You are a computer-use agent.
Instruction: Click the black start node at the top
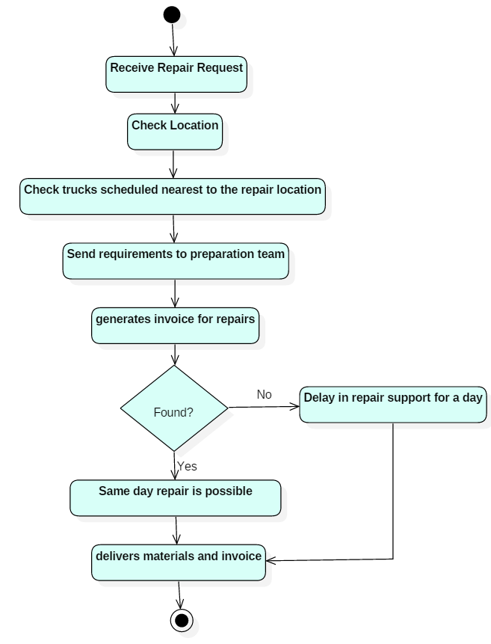pyautogui.click(x=172, y=15)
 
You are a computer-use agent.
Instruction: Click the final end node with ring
pyautogui.click(x=182, y=620)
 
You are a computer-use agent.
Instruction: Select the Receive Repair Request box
pyautogui.click(x=176, y=74)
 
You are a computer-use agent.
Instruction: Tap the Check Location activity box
pyautogui.click(x=175, y=132)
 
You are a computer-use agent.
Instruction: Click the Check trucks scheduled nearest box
pyautogui.click(x=173, y=196)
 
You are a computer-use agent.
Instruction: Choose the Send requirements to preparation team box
pyautogui.click(x=176, y=261)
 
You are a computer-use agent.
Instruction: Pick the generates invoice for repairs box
pyautogui.click(x=176, y=325)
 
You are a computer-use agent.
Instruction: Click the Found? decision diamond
pyautogui.click(x=174, y=408)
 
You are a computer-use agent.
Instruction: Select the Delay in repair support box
pyautogui.click(x=393, y=405)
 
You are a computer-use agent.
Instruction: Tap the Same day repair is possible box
pyautogui.click(x=176, y=498)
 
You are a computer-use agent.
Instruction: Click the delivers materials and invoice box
pyautogui.click(x=179, y=562)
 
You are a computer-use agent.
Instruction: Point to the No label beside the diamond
pyautogui.click(x=264, y=394)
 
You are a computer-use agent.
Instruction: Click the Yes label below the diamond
pyautogui.click(x=187, y=466)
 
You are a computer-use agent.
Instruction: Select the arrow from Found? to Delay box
pyautogui.click(x=264, y=407)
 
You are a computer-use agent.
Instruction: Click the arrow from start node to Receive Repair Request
pyautogui.click(x=173, y=40)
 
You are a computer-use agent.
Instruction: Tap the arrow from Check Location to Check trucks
pyautogui.click(x=173, y=164)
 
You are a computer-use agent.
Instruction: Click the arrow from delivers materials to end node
pyautogui.click(x=179, y=595)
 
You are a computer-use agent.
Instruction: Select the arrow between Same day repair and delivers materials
pyautogui.click(x=176, y=530)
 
